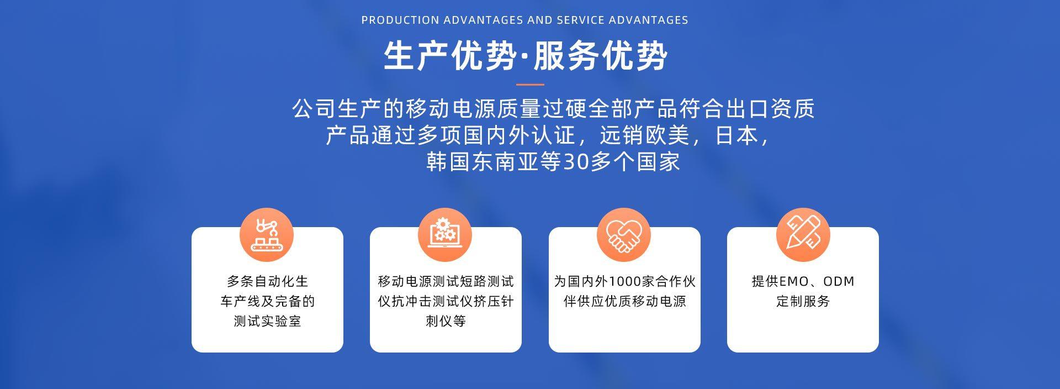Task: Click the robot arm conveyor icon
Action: pos(266,235)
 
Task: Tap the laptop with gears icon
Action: pos(445,235)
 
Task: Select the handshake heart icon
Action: pos(624,235)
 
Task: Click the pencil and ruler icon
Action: pos(803,235)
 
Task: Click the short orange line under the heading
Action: pos(530,85)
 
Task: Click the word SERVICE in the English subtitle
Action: pos(580,20)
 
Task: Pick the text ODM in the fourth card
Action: pos(839,282)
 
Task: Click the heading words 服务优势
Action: pos(601,56)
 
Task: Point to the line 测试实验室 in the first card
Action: pos(267,321)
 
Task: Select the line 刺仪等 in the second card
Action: pos(446,321)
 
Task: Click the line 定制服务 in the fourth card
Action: pos(803,301)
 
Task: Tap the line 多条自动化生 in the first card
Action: pos(267,281)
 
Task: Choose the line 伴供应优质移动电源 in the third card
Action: pos(624,301)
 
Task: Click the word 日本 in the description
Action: pos(737,135)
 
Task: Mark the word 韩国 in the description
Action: pos(448,162)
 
